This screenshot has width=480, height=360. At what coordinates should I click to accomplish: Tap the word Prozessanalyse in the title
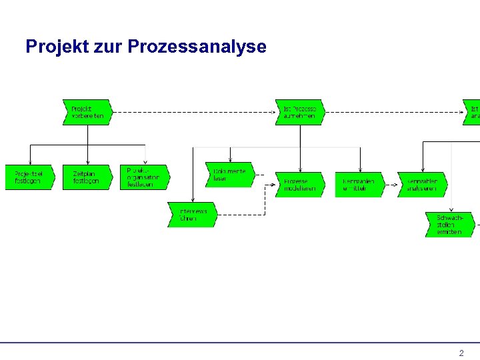coord(197,47)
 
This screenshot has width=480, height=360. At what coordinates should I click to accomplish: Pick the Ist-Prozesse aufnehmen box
coord(299,112)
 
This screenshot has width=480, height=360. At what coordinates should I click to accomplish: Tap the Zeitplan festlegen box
coord(87,177)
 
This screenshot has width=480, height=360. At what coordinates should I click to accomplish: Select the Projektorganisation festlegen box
coord(144,177)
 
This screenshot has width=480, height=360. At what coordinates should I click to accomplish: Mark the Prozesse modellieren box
coord(299,185)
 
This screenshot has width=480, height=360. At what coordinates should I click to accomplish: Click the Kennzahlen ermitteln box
coord(360,185)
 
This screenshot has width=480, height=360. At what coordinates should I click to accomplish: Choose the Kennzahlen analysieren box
coord(422,185)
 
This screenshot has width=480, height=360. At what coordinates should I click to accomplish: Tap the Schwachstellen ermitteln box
coord(449,224)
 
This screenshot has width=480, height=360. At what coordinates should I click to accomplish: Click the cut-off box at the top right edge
coord(473,112)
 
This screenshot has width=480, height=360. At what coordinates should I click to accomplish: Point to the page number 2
coord(461,353)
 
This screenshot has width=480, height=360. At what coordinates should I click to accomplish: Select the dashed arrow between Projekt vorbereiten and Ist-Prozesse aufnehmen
coord(193,112)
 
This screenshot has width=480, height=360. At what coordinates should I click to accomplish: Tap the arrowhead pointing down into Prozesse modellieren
coord(300,169)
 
